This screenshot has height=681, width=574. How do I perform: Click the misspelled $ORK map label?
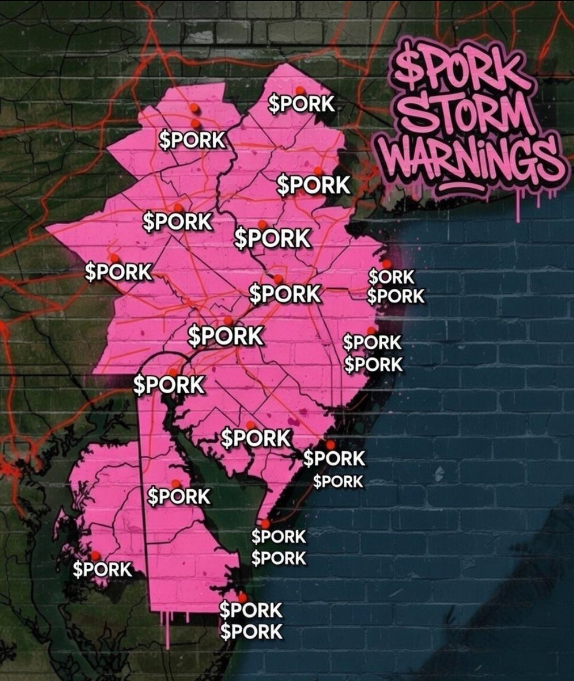pyautogui.click(x=391, y=278)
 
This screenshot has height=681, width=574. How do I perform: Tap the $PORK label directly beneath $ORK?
pyautogui.click(x=395, y=296)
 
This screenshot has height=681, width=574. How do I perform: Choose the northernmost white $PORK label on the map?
pyautogui.click(x=301, y=104)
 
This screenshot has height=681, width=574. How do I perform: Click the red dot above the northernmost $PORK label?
pyautogui.click(x=299, y=90)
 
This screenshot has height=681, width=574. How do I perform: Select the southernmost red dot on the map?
pyautogui.click(x=242, y=597)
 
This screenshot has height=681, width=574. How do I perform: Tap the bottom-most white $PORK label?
pyautogui.click(x=251, y=632)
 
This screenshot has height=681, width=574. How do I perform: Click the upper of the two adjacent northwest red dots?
pyautogui.click(x=193, y=108)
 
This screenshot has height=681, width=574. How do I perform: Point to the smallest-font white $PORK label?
pyautogui.click(x=338, y=482)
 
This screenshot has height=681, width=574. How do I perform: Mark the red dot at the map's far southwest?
pyautogui.click(x=95, y=555)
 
